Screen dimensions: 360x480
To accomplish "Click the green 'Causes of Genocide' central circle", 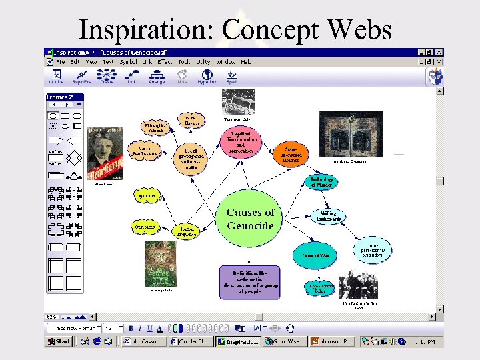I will (250, 219).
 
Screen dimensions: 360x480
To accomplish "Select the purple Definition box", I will (250, 282).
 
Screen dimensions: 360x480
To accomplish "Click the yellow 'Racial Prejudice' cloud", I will (187, 230).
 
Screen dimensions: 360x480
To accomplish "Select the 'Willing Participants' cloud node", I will (327, 215).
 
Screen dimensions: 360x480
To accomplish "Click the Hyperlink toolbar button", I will (207, 77).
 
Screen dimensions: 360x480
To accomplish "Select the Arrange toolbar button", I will (157, 77).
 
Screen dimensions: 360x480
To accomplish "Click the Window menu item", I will (225, 62).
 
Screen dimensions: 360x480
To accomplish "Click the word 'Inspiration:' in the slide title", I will (147, 30).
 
